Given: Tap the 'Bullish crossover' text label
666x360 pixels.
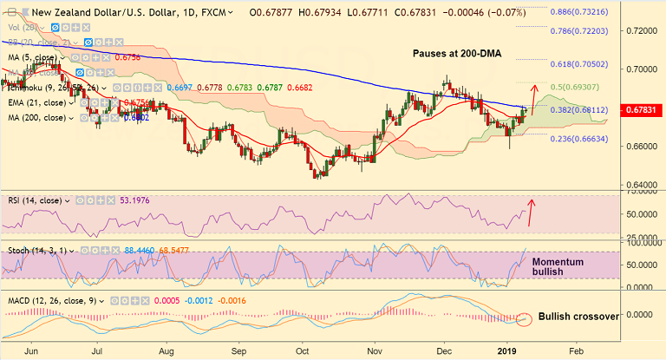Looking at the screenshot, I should [578, 316].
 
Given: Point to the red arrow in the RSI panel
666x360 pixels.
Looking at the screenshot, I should [530, 213].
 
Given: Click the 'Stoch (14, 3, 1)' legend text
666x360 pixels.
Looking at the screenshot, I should [36, 250].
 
